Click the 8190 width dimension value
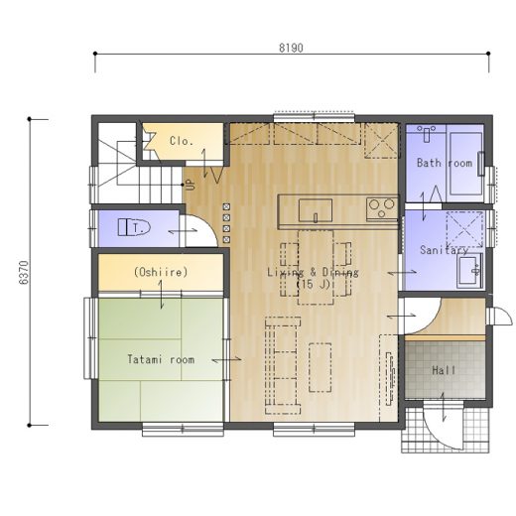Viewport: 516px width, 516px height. (x=291, y=48)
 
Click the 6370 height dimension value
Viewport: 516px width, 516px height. (x=24, y=273)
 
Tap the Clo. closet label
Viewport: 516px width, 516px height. (x=182, y=141)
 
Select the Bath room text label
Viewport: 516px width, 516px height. (x=445, y=163)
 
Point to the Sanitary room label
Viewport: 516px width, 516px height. (x=444, y=250)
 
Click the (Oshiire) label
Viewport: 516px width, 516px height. (x=161, y=272)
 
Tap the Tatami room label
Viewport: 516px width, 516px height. (x=161, y=359)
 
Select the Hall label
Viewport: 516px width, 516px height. (x=444, y=370)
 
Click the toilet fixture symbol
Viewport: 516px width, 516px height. (x=134, y=227)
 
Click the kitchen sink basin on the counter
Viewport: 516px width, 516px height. (x=316, y=210)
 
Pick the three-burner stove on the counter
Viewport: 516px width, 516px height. (x=382, y=208)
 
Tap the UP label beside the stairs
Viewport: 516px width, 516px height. (x=191, y=185)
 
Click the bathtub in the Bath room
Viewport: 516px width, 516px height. (x=465, y=164)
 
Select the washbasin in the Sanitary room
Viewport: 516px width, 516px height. (x=470, y=269)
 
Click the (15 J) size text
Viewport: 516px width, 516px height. (x=313, y=284)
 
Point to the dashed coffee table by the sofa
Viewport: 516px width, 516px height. (x=321, y=367)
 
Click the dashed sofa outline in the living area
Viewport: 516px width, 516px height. (x=283, y=365)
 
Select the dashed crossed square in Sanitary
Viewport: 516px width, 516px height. (x=464, y=229)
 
